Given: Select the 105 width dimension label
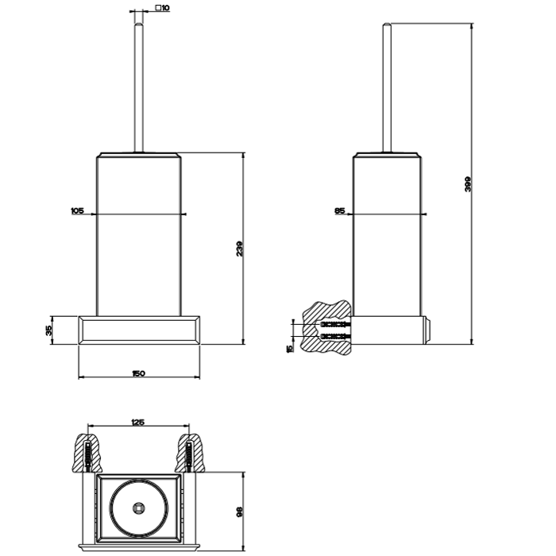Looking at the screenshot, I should tap(77, 210).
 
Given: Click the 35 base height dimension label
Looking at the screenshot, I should tap(48, 329).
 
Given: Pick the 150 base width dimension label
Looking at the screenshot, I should tap(139, 374).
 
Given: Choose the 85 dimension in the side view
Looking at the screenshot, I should tap(339, 210).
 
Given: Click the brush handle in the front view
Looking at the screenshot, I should tap(139, 87).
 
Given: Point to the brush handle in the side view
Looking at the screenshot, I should tap(388, 87).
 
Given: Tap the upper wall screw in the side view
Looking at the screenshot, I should tap(334, 326).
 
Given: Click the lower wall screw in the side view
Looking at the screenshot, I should tap(334, 337).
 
